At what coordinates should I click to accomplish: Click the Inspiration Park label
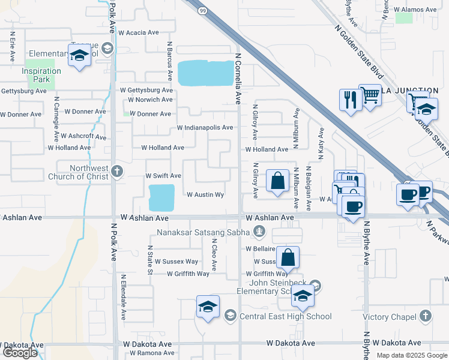click(x=41, y=75)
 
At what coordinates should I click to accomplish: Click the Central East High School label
click(x=285, y=316)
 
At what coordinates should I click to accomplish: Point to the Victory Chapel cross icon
click(x=425, y=316)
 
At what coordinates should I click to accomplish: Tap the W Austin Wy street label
click(x=205, y=195)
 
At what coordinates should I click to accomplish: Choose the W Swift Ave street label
click(x=163, y=176)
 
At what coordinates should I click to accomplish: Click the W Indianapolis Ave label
click(x=205, y=128)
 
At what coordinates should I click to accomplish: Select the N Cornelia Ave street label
click(x=238, y=77)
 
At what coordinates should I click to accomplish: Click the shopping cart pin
click(x=370, y=94)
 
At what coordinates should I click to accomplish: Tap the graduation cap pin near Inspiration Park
click(x=79, y=57)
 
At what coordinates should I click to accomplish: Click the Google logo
click(x=19, y=353)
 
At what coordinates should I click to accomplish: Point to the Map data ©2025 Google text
click(x=411, y=355)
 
